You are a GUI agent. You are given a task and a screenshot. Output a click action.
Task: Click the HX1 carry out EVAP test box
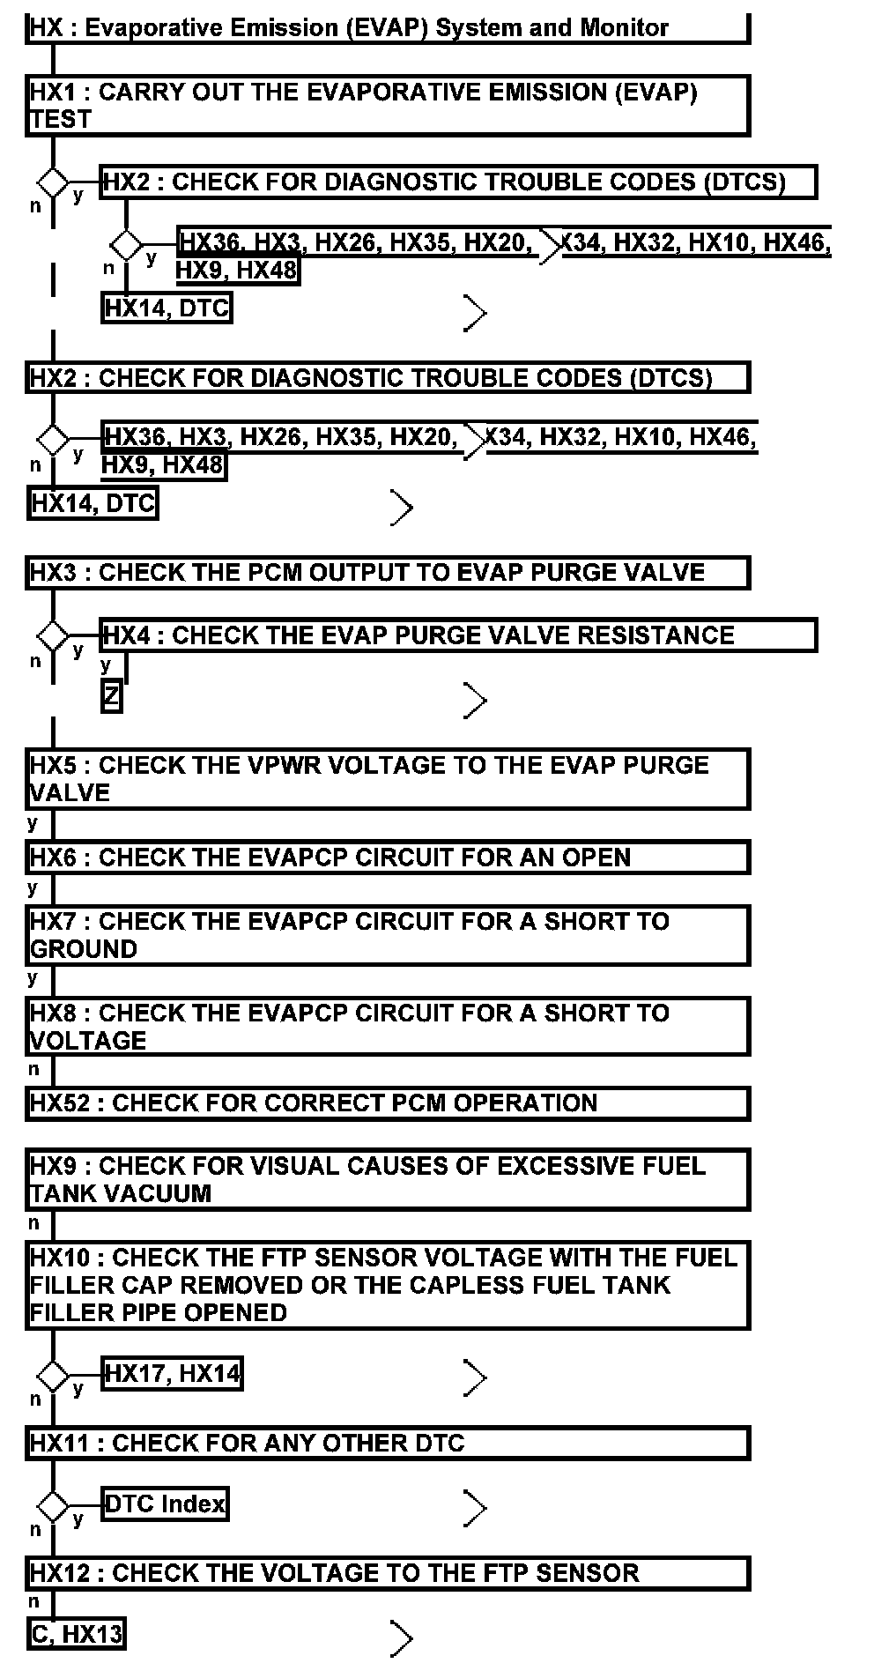click(x=388, y=106)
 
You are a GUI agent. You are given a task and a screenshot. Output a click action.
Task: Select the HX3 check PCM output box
click(x=388, y=573)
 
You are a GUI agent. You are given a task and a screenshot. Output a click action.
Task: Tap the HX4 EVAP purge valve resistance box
click(x=458, y=635)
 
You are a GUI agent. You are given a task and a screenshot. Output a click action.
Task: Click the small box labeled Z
click(x=111, y=697)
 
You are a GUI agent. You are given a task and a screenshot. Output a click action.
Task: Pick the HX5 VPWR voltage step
click(x=388, y=779)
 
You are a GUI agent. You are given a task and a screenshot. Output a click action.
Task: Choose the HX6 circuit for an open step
click(x=388, y=858)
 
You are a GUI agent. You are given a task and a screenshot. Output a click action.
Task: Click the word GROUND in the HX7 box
click(x=84, y=949)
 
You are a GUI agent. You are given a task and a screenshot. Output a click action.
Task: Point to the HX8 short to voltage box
click(x=388, y=1027)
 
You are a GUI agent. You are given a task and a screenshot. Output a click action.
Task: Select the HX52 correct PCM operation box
click(x=388, y=1103)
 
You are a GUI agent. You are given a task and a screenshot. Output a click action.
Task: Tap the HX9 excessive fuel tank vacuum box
click(x=388, y=1179)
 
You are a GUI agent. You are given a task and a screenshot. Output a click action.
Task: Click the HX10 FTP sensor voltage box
click(x=388, y=1285)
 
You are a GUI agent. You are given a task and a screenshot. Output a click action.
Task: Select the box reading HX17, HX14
click(x=172, y=1374)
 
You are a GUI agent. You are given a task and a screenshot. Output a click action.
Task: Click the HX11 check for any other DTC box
click(x=388, y=1444)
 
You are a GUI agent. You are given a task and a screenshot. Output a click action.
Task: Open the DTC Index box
click(x=165, y=1504)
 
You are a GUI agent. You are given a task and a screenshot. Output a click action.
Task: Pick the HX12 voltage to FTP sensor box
click(x=388, y=1574)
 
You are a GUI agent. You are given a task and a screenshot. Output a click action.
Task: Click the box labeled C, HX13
click(x=77, y=1635)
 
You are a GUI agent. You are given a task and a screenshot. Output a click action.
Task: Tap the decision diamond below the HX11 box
click(x=53, y=1507)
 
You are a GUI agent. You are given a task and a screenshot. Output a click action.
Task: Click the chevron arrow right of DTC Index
click(x=475, y=1508)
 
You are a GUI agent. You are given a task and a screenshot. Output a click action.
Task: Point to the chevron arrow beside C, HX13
click(x=402, y=1638)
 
